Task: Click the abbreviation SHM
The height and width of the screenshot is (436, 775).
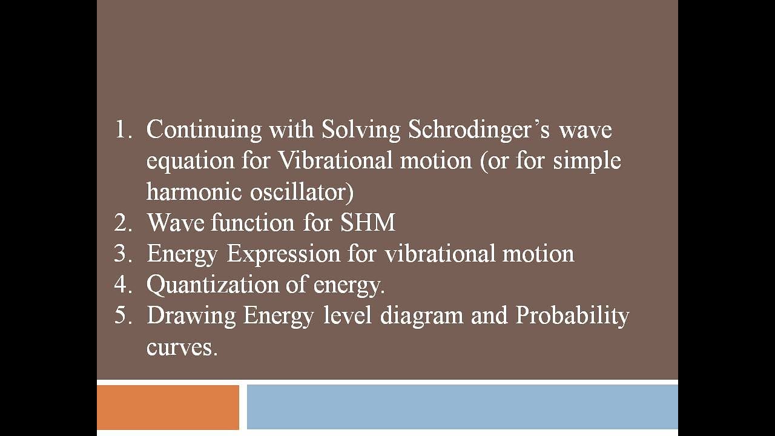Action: (368, 223)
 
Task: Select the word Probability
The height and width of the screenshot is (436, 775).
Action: (572, 316)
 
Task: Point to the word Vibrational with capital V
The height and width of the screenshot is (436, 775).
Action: (335, 161)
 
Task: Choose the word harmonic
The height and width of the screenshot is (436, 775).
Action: (194, 192)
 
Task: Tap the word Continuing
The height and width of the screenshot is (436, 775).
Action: (204, 130)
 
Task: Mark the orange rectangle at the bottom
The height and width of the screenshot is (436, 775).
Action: (168, 407)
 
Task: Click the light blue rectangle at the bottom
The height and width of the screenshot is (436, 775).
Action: (462, 407)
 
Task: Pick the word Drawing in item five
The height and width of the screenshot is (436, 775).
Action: (191, 316)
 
